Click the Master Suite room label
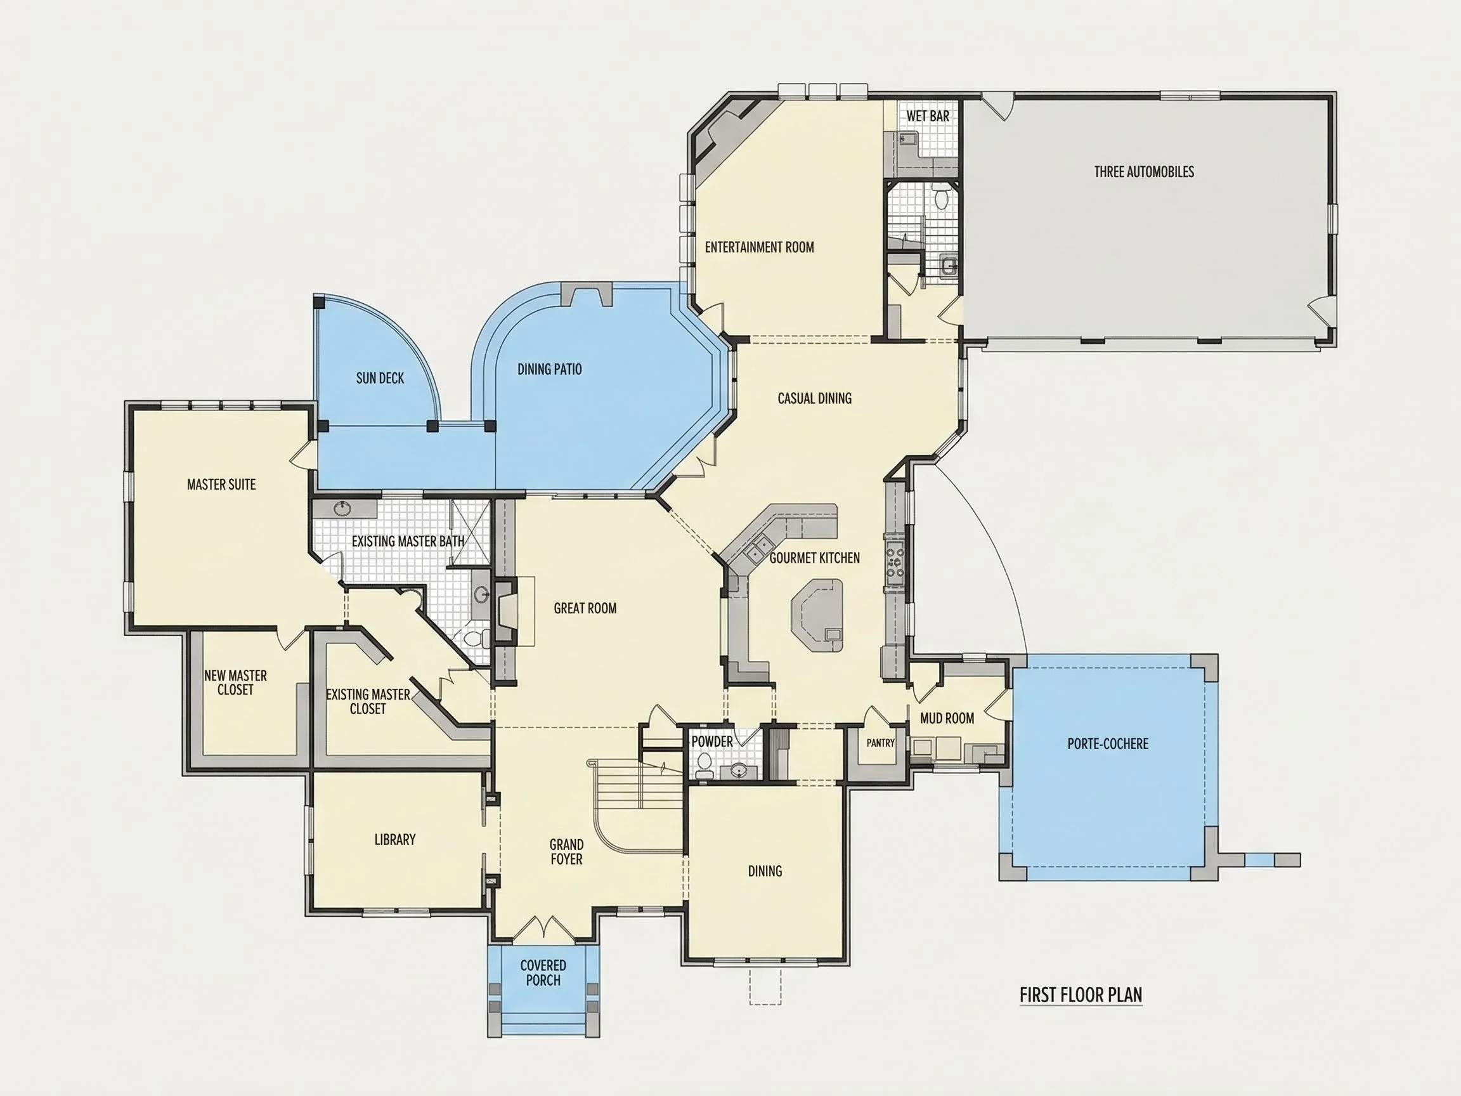point(221,484)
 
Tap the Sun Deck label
point(380,378)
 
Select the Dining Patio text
point(550,369)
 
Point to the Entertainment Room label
point(760,247)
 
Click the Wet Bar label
point(928,116)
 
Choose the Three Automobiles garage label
point(1144,172)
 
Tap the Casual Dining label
point(814,398)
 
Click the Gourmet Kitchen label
point(814,558)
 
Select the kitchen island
point(817,615)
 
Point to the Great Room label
point(585,608)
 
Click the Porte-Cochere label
point(1108,744)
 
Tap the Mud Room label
point(947,718)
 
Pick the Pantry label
point(880,743)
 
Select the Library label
point(395,840)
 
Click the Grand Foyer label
point(567,852)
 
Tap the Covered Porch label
point(543,973)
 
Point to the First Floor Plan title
point(1081,995)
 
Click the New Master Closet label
point(235,682)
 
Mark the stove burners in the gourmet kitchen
point(895,561)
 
